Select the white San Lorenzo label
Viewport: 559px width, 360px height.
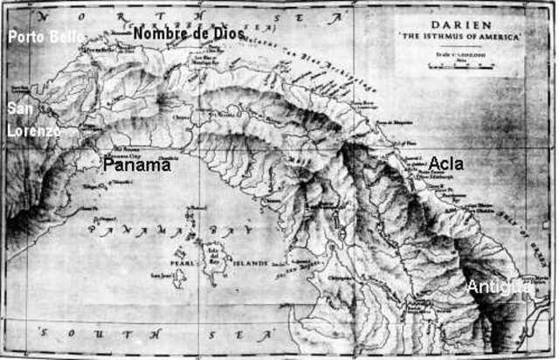point(32,119)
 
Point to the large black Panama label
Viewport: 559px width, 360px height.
point(137,164)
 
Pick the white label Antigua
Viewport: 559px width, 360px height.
point(499,287)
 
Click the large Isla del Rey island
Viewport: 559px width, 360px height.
point(217,256)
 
